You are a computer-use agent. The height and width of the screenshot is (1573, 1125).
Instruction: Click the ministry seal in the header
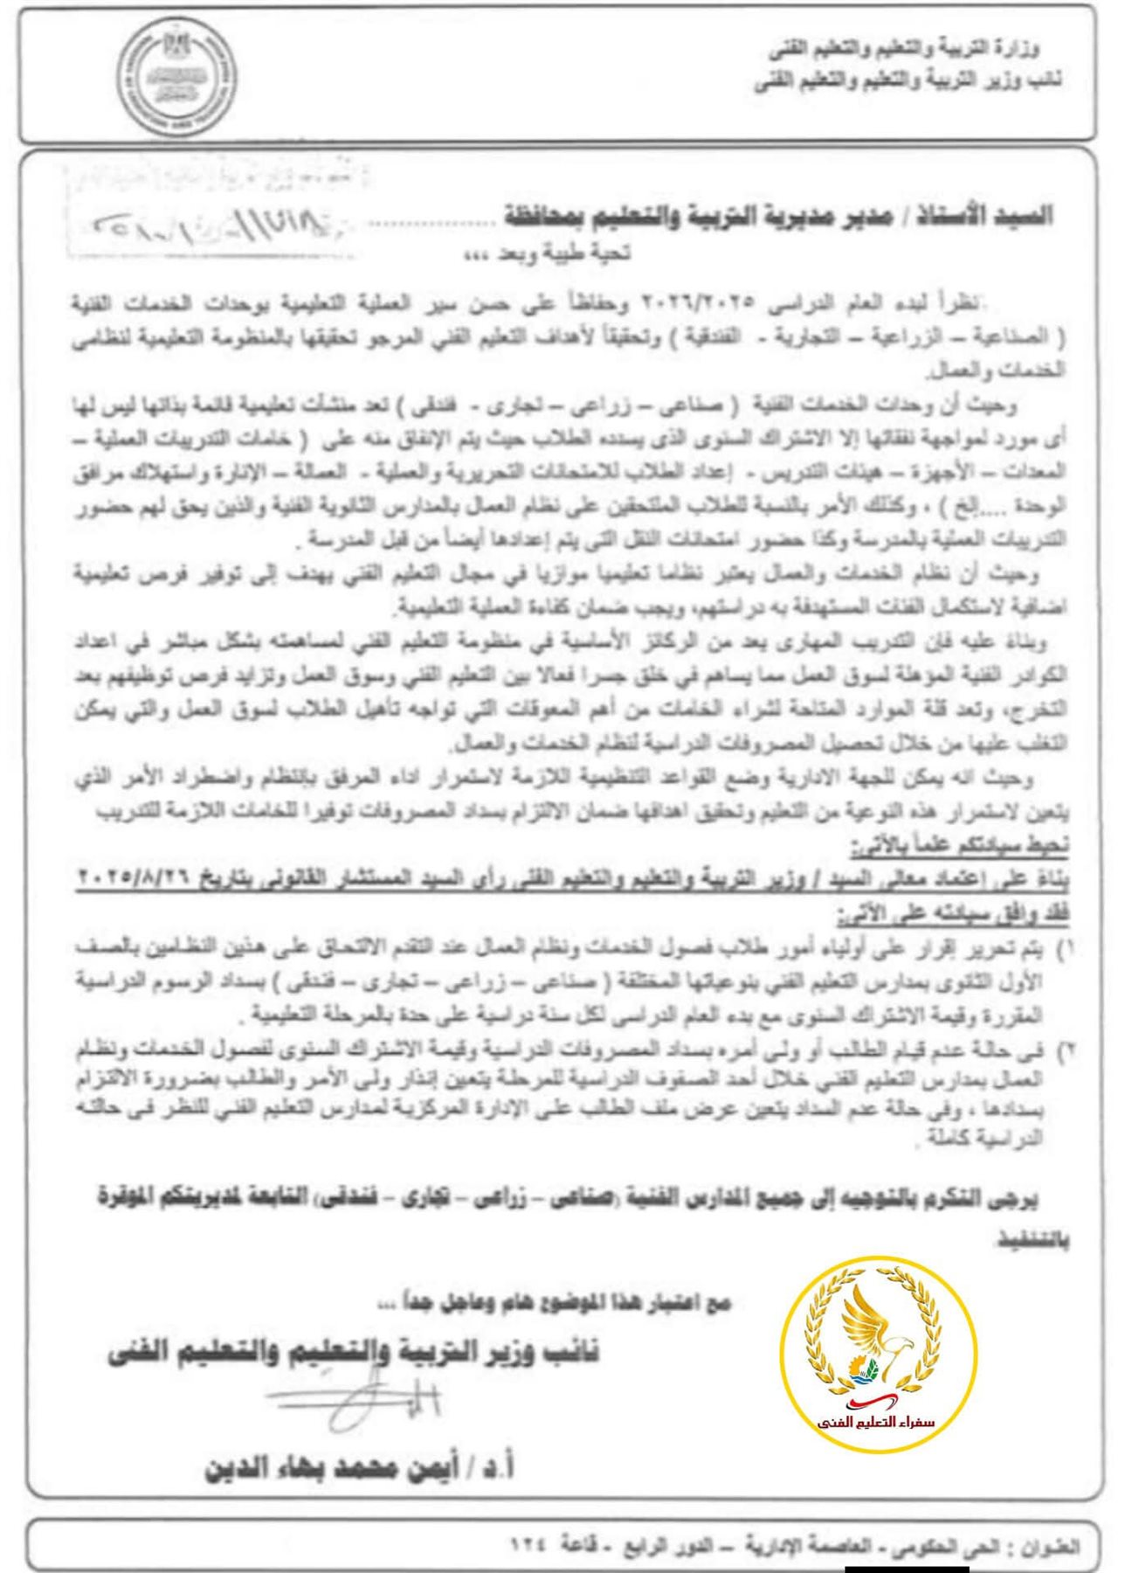tap(177, 77)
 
